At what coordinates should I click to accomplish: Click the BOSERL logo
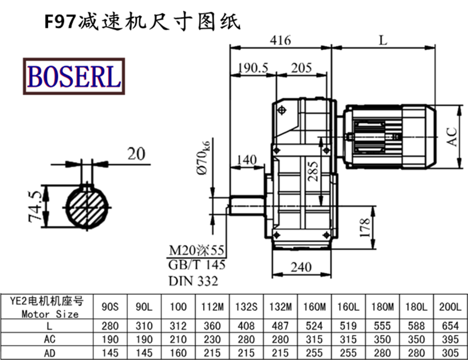(73, 76)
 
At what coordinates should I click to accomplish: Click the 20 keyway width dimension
(136, 154)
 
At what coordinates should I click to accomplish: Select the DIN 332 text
(193, 281)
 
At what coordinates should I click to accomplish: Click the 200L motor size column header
(450, 306)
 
